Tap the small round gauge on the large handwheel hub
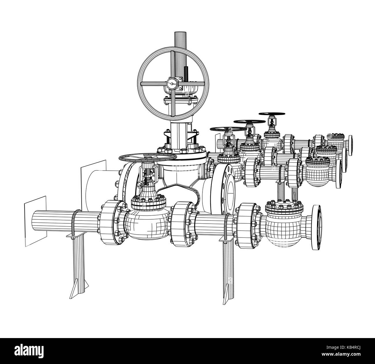pos(171,84)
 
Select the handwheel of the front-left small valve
pos(147,157)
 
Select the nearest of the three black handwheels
pos(225,129)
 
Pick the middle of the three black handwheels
pos(249,122)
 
